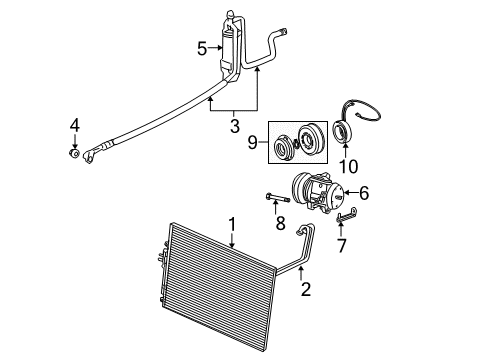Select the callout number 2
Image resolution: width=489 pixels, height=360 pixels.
(307, 290)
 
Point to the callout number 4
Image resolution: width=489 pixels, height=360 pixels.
(74, 125)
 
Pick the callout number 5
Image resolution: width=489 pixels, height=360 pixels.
(202, 46)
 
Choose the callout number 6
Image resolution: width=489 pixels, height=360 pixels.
(364, 193)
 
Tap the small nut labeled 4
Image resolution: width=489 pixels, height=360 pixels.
(75, 153)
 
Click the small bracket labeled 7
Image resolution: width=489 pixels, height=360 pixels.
(345, 214)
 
